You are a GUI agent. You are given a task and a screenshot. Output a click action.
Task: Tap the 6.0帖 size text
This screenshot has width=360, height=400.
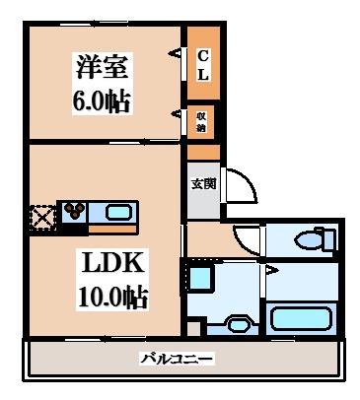tap(102, 100)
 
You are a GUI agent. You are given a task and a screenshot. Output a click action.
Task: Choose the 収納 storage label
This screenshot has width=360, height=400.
tap(200, 121)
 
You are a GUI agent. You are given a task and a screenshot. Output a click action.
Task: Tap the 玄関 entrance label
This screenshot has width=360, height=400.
tap(201, 181)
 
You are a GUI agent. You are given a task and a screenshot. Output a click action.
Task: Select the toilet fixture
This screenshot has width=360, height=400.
tap(314, 238)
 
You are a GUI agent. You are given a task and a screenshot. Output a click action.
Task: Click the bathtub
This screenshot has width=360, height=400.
tap(305, 318)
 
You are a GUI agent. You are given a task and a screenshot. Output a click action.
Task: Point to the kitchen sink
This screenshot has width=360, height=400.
tap(116, 212)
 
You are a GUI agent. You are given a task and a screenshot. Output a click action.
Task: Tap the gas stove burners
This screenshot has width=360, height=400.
tap(75, 212)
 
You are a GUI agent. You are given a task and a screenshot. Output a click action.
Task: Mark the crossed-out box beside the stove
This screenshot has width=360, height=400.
tap(43, 215)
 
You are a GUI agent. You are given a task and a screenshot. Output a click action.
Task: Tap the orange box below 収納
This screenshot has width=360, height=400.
tap(202, 152)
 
